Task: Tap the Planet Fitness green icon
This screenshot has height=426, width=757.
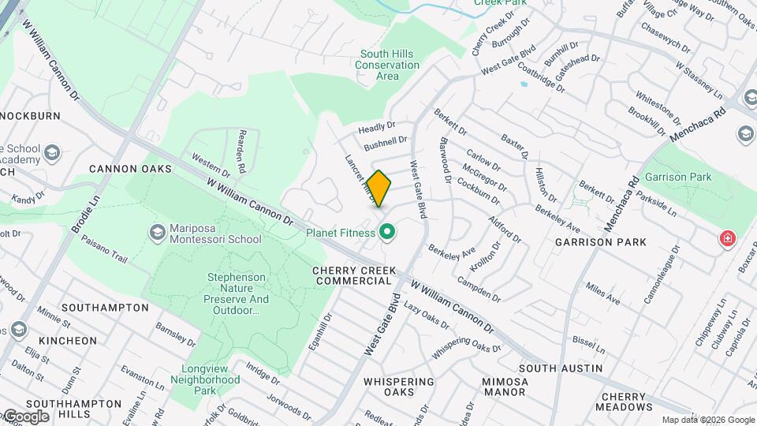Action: (386, 233)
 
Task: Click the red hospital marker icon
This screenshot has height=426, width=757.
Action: (726, 238)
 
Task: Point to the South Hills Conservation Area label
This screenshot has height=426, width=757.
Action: (387, 65)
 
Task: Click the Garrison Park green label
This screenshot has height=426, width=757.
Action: (677, 177)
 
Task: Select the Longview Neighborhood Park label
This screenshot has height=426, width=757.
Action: (210, 379)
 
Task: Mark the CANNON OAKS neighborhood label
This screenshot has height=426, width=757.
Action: (125, 169)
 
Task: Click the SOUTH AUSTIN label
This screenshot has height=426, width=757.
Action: (561, 368)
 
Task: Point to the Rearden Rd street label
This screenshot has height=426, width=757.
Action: (243, 151)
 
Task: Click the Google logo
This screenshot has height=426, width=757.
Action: (25, 416)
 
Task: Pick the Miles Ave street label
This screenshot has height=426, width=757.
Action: (603, 297)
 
